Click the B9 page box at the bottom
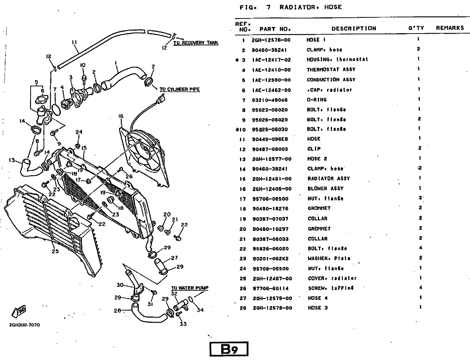click(x=229, y=349)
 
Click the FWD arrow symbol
click(x=19, y=312)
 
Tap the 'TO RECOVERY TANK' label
click(x=196, y=43)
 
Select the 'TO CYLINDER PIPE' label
click(x=179, y=89)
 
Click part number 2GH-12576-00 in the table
click(x=271, y=40)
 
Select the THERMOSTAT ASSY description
click(x=331, y=70)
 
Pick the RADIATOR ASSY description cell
click(x=329, y=179)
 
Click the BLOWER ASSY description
click(x=326, y=188)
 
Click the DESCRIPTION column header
click(x=353, y=28)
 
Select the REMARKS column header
click(x=450, y=28)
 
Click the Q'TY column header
click(x=416, y=28)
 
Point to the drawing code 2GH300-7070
click(x=24, y=325)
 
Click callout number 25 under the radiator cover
click(x=55, y=252)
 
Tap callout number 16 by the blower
click(x=121, y=117)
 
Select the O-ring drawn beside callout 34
click(x=191, y=298)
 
